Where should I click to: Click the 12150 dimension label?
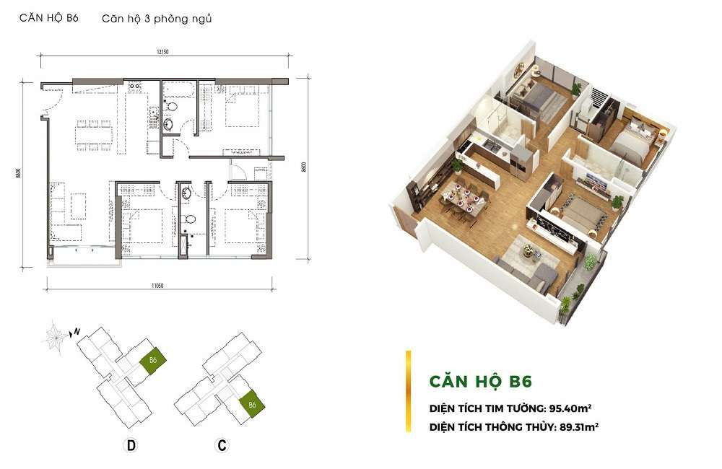pos(162,52)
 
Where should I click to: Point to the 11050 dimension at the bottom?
pos(157,286)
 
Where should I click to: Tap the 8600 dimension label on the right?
pos(303,167)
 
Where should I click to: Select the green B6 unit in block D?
pos(153,360)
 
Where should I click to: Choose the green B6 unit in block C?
pos(252,404)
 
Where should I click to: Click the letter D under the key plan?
pos(131,445)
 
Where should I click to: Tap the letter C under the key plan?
pos(222,445)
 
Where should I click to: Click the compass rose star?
pos(56,338)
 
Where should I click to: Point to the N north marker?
pos(77,331)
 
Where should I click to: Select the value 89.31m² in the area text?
pos(579,426)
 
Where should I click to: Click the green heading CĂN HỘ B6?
pos(481,382)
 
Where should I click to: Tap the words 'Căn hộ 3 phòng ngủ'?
pos(157,19)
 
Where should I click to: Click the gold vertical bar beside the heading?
pos(408,392)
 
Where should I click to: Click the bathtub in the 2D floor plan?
pos(179,89)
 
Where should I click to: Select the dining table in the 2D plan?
pos(94,136)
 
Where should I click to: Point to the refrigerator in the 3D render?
pos(521,162)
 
